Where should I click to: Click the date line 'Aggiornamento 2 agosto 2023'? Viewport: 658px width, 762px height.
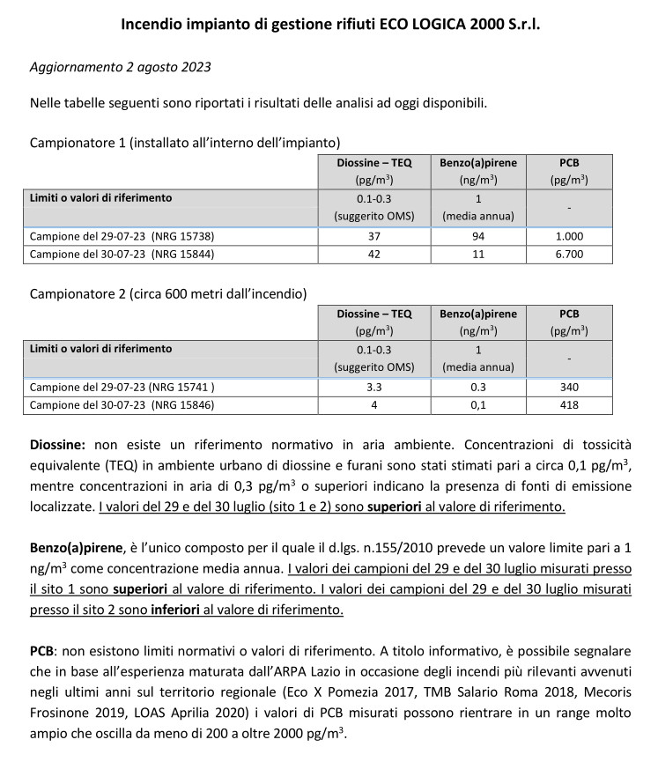point(120,67)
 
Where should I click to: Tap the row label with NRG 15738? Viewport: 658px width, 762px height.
point(122,236)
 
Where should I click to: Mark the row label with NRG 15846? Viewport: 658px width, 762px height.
point(122,405)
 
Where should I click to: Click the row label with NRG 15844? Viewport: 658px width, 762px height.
point(122,255)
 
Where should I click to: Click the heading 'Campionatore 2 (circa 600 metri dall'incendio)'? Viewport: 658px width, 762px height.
point(168,292)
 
